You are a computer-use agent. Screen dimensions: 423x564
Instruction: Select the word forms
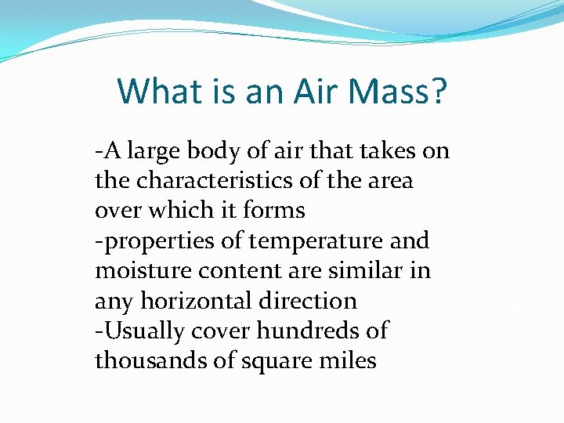point(274,211)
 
